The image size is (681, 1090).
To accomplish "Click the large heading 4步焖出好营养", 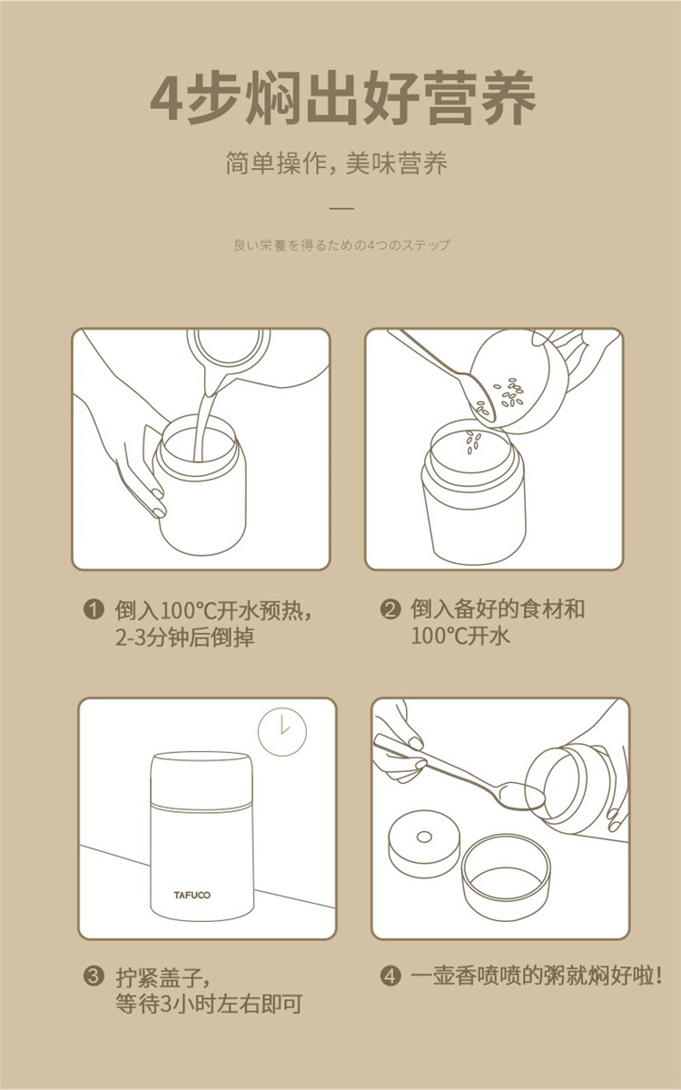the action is pos(343,97).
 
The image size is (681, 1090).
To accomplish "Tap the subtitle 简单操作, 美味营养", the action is pos(336,163).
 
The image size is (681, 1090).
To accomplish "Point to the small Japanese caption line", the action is pos(342,244).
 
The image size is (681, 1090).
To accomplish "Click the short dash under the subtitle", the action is pos(342,208).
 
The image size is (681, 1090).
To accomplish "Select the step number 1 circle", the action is pos(94,609).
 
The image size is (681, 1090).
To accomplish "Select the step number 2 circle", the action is pos(390,609).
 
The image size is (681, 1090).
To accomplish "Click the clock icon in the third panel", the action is pos(282,731).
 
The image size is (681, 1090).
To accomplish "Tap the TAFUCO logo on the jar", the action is pos(192,895).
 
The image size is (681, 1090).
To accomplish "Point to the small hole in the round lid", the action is pos(424,837).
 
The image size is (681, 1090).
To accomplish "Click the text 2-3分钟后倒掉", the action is pos(185,637).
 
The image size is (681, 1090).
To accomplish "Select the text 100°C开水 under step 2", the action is pos(460,636).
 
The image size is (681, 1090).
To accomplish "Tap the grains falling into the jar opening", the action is pos(473,442).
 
